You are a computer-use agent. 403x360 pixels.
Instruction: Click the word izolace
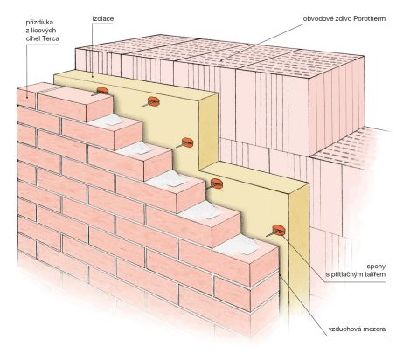[103, 19]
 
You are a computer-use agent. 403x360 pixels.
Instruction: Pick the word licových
[44, 31]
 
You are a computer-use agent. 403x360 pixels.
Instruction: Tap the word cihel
[33, 38]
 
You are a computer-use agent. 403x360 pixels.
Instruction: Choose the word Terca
[52, 38]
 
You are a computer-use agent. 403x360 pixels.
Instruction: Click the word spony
[376, 267]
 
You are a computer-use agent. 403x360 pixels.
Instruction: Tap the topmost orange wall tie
[102, 91]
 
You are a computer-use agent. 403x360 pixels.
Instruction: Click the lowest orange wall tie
[278, 231]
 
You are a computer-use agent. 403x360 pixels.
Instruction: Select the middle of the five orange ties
[187, 142]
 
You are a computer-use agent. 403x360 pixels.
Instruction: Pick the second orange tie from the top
[153, 101]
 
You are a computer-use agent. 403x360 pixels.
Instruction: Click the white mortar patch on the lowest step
[236, 244]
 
